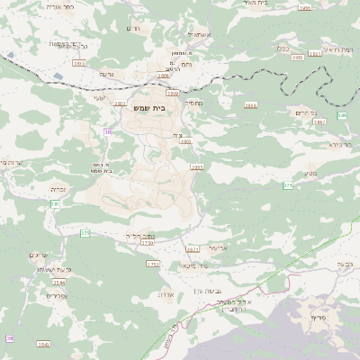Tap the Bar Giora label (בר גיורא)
click(x=337, y=143)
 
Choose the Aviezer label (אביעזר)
click(x=220, y=246)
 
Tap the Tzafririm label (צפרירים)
click(x=56, y=295)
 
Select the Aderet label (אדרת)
click(x=165, y=294)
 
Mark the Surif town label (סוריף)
click(x=320, y=318)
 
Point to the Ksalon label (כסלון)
click(x=283, y=49)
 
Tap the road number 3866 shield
click(x=163, y=76)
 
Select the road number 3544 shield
click(x=58, y=283)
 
